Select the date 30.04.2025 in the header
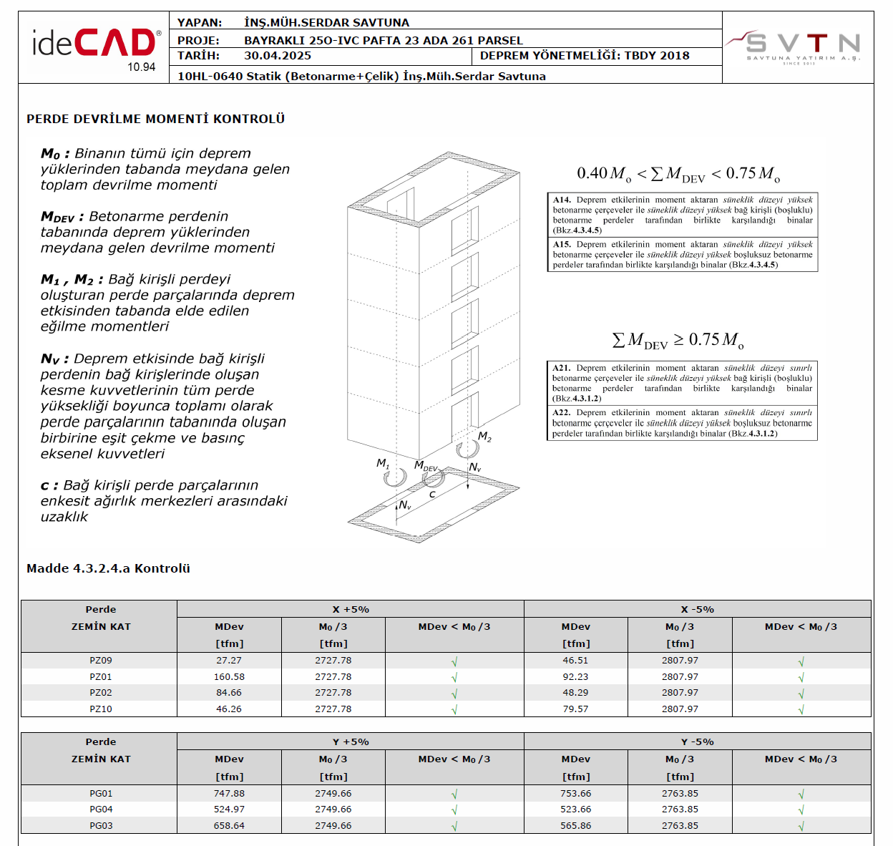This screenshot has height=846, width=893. click(278, 55)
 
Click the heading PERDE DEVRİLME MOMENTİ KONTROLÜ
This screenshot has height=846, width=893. click(155, 119)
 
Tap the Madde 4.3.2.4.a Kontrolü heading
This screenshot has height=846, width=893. click(108, 568)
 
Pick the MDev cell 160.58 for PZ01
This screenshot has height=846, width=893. click(229, 676)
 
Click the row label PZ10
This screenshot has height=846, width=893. click(100, 709)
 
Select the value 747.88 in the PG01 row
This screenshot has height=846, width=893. click(229, 793)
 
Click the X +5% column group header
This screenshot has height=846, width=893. click(350, 609)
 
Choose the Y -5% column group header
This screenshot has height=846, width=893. click(697, 742)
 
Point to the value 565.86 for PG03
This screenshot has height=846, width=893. click(575, 825)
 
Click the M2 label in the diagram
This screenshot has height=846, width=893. click(484, 437)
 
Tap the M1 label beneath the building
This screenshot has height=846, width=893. click(383, 463)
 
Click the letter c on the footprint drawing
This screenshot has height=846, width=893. click(432, 495)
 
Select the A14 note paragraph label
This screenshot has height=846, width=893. click(562, 200)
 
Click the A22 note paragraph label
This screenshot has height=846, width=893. click(561, 412)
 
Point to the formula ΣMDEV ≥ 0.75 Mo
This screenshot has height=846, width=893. click(678, 340)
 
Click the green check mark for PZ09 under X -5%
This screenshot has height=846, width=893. click(801, 661)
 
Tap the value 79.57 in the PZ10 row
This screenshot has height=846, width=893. click(575, 709)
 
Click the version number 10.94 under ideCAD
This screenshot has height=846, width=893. click(141, 67)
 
